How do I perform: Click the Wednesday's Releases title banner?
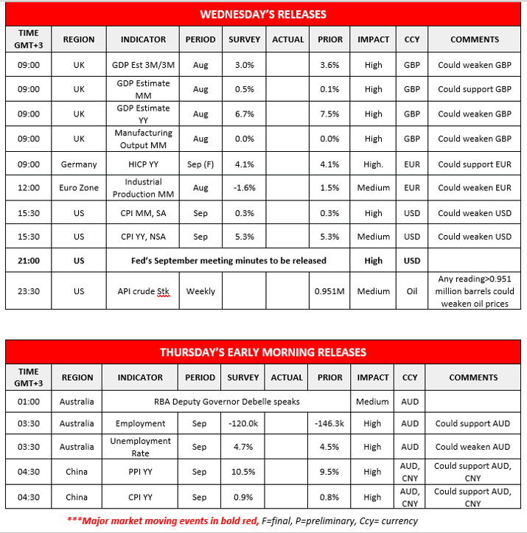(x=263, y=14)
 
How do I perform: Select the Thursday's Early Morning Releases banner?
(x=263, y=352)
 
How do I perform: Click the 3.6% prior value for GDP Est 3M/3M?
(x=329, y=65)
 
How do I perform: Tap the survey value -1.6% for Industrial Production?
(x=244, y=187)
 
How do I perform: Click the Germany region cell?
(x=79, y=164)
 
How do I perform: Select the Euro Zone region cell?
(x=79, y=187)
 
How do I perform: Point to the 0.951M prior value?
(x=329, y=291)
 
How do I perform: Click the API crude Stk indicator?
(x=143, y=291)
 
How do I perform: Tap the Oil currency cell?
(x=412, y=291)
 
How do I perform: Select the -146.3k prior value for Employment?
(x=329, y=424)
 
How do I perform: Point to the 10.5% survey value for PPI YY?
(x=243, y=472)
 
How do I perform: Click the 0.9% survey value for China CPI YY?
(x=243, y=496)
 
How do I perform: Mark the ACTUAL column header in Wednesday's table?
(x=287, y=39)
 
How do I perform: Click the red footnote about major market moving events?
(x=264, y=520)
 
